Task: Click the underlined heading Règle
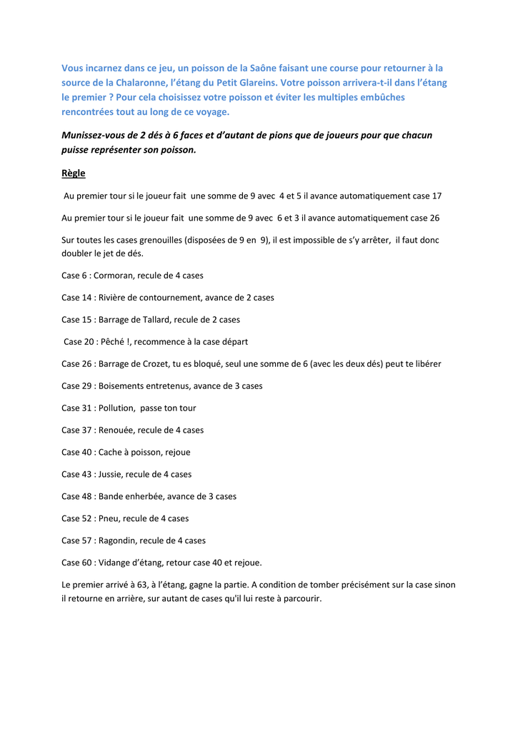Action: [73, 173]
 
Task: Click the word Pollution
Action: [117, 408]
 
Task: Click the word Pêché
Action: [111, 342]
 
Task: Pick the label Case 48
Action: [76, 497]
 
